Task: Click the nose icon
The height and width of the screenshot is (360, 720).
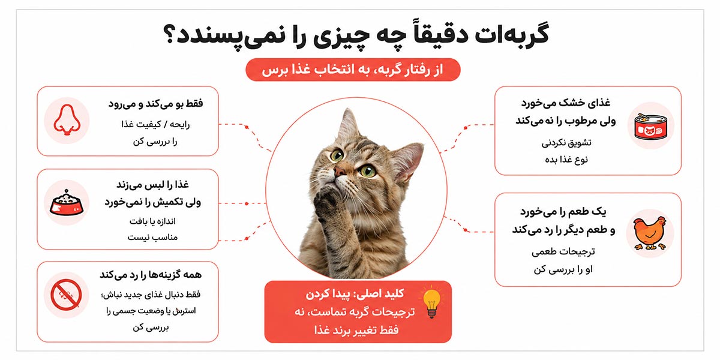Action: (67, 120)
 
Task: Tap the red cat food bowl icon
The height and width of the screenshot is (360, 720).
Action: (67, 203)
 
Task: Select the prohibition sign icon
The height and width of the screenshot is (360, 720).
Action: (66, 295)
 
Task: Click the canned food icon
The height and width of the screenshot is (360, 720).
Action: (650, 127)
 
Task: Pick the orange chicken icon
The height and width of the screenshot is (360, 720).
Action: (650, 233)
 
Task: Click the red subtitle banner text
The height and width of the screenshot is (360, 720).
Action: (353, 70)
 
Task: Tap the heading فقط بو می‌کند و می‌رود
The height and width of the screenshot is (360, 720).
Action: (155, 104)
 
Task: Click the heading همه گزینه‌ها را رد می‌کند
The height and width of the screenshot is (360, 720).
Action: (151, 275)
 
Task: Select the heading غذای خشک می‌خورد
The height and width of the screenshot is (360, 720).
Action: (566, 103)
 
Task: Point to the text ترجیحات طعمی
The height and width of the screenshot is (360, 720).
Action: (563, 251)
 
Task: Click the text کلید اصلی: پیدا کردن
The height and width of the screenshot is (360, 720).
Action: (355, 294)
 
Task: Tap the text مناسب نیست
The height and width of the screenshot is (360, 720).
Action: (152, 238)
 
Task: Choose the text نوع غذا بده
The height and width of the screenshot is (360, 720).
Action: (566, 160)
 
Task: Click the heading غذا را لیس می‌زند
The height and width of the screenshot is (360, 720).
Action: (152, 185)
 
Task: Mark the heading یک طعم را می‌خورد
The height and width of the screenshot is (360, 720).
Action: (563, 212)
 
